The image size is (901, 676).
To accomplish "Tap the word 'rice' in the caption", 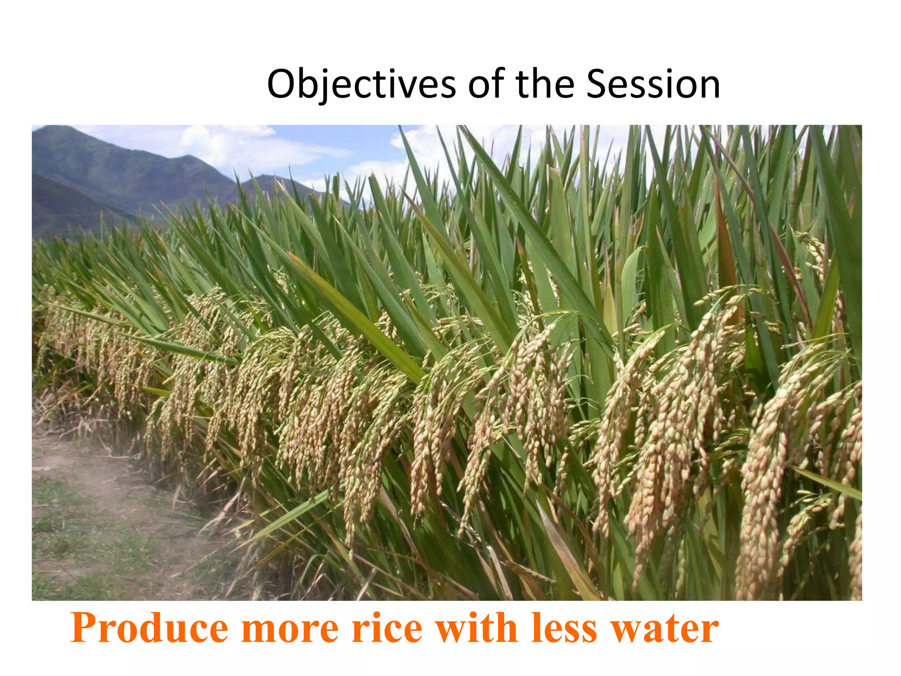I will click(387, 628).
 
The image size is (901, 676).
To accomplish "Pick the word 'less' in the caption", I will click(564, 628).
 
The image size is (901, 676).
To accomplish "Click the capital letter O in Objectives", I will click(282, 84).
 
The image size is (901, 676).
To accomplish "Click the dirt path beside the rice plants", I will click(79, 467).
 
